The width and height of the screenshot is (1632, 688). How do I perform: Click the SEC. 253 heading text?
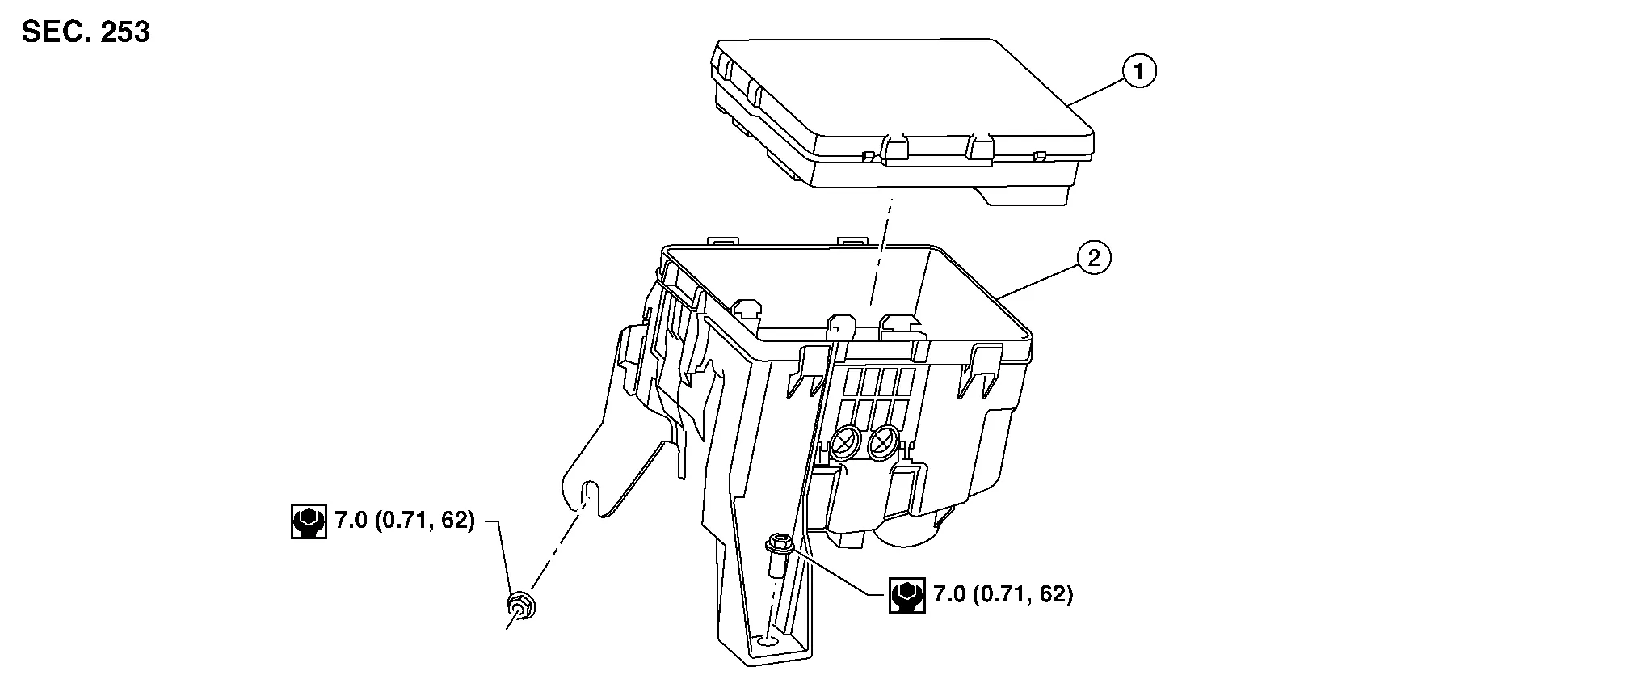[86, 32]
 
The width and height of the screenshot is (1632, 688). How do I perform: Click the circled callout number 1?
[1139, 72]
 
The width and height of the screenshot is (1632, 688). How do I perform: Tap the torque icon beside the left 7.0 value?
[309, 521]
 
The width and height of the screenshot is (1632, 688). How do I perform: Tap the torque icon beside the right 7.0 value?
[907, 595]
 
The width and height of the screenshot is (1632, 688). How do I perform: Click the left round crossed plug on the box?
[843, 441]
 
